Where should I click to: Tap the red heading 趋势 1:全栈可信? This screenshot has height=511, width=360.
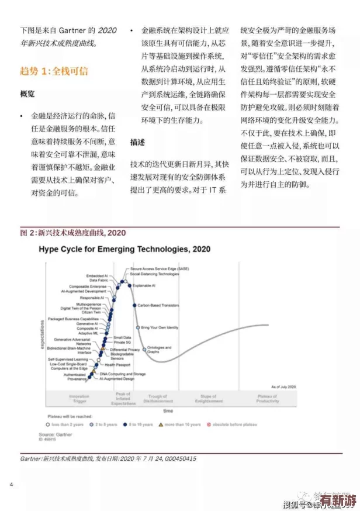coord(54,71)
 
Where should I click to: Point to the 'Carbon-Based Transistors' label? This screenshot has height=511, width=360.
coord(158,305)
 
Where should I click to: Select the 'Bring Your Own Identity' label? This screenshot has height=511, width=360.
coord(160,327)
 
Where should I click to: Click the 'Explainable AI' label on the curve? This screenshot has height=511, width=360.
coord(144,285)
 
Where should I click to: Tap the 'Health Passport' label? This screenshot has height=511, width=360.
coord(117,365)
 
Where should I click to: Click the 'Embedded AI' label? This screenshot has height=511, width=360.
coord(96,275)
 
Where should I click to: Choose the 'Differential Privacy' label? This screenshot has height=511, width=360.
coord(125,350)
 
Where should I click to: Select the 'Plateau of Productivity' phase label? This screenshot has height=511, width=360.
coord(267,399)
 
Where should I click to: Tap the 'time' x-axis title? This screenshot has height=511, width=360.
coord(168,411)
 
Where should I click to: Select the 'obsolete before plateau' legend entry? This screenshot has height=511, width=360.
coord(233,425)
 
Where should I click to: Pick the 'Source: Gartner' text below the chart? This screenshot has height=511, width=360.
coord(55,434)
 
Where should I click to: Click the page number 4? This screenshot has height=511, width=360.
coord(12,485)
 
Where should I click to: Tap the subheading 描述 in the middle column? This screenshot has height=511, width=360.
coord(138,142)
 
